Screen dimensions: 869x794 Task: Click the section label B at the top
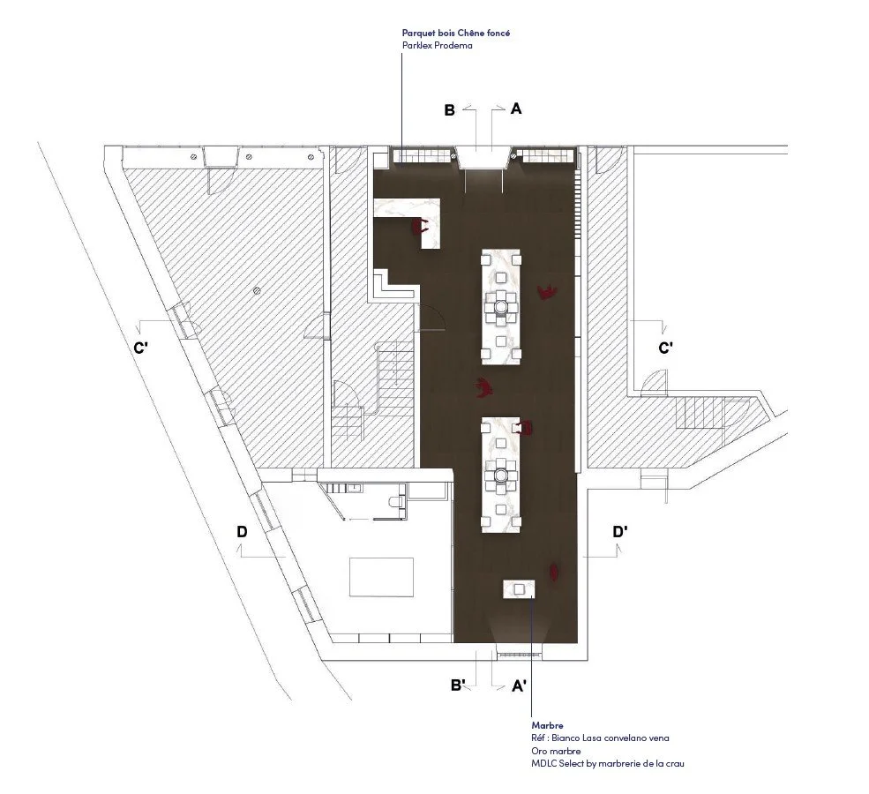449,110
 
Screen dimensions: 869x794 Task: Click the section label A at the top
516,109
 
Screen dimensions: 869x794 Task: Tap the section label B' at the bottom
457,685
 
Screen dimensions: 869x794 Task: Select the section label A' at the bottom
519,686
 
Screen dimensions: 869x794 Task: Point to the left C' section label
140,348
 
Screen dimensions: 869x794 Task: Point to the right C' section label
665,348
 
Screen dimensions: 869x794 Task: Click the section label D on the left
243,532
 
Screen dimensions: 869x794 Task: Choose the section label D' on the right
620,532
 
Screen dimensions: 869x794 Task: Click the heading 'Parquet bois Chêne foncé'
456,33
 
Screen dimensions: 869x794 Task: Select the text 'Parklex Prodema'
438,46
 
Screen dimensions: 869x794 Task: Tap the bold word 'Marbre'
547,725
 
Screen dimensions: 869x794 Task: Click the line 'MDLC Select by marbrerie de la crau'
607,763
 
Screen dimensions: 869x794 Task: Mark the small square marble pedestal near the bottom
519,589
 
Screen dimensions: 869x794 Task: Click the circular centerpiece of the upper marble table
501,305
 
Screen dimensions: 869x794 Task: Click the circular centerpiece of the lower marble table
501,475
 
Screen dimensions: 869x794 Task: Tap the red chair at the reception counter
421,225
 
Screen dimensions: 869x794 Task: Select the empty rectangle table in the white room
381,577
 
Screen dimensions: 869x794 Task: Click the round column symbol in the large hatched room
256,289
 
